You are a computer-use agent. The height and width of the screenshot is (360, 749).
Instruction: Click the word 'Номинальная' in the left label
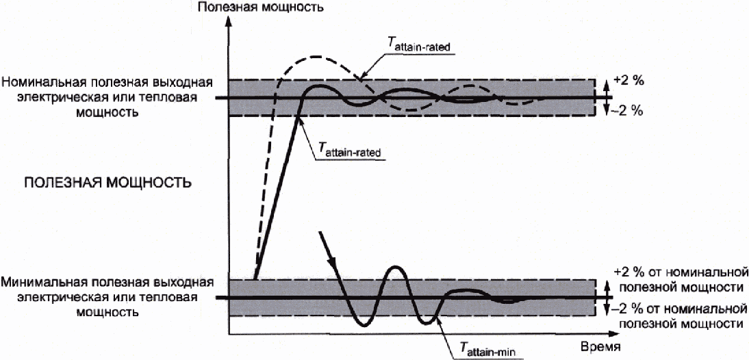pyautogui.click(x=34, y=82)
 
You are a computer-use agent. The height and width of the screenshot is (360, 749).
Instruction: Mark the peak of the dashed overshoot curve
pyautogui.click(x=314, y=57)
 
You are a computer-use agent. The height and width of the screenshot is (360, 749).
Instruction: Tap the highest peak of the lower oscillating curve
pyautogui.click(x=396, y=267)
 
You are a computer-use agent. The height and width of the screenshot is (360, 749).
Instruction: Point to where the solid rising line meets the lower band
pyautogui.click(x=255, y=279)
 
